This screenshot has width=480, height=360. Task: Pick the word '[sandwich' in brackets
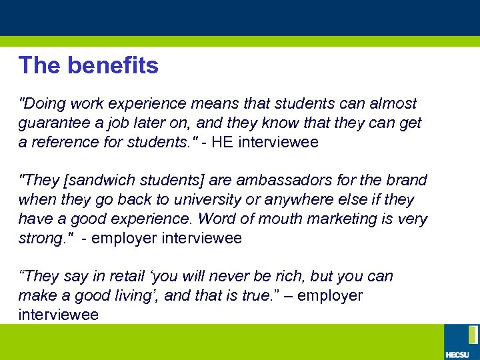coord(92,181)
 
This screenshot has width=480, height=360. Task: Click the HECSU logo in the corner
coord(461,341)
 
